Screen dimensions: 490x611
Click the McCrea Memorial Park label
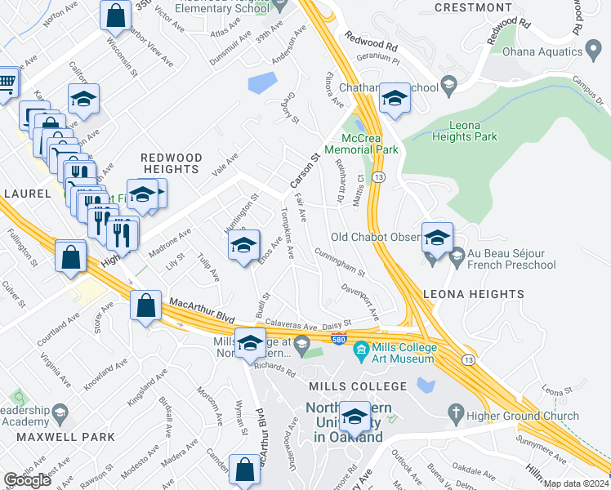(361, 144)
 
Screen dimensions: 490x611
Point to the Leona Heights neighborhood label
(473, 294)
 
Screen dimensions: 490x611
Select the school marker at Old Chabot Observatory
(437, 237)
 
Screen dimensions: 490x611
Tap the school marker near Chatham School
(395, 98)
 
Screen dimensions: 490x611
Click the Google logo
(27, 480)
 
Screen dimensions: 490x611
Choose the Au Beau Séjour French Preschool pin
(457, 257)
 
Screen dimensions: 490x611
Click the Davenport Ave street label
(361, 301)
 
